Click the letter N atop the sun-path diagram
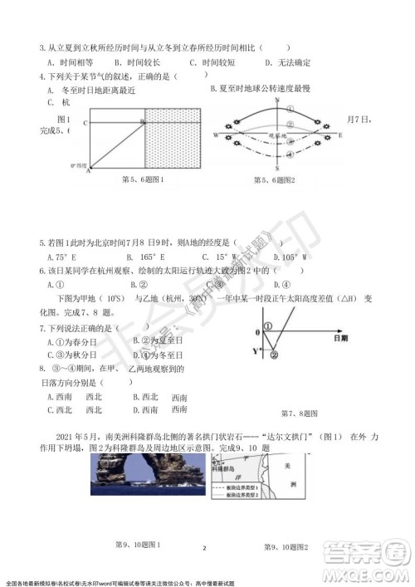pyautogui.click(x=288, y=98)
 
